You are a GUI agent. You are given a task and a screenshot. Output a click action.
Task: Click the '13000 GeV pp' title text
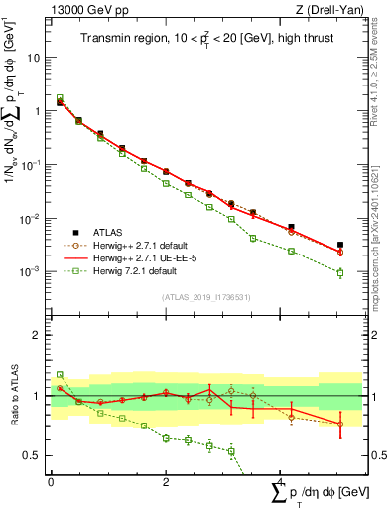(x=86, y=10)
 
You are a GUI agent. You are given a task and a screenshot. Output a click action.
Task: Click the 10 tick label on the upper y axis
(x=36, y=58)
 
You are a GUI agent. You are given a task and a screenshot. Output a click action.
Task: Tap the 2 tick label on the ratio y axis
(x=40, y=335)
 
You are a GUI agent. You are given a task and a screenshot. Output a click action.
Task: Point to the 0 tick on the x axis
(x=51, y=480)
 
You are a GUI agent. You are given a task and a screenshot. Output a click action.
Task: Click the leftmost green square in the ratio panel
(x=60, y=375)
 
